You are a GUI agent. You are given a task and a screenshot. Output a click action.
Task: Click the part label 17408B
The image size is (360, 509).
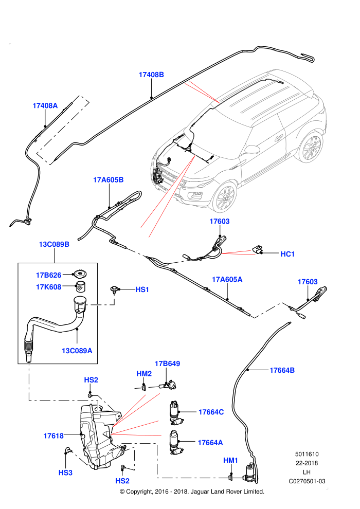(x=151, y=75)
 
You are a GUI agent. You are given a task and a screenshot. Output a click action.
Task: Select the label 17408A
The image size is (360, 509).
(x=45, y=105)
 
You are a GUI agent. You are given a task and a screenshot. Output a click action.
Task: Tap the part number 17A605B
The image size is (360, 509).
(x=109, y=180)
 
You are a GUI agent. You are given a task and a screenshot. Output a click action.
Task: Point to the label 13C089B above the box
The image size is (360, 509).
(x=54, y=244)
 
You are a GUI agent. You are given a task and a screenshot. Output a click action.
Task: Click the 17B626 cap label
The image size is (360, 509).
(x=49, y=275)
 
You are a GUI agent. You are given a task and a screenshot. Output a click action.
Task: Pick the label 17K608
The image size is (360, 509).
(x=49, y=287)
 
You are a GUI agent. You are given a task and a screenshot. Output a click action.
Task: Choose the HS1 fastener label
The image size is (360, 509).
(x=142, y=289)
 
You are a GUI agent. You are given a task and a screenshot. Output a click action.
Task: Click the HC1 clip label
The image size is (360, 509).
(x=287, y=254)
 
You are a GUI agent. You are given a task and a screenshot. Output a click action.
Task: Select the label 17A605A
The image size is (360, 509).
(x=227, y=280)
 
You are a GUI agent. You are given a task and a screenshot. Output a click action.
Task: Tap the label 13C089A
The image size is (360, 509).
(x=77, y=351)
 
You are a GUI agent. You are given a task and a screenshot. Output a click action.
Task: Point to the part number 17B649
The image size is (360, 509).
(x=168, y=363)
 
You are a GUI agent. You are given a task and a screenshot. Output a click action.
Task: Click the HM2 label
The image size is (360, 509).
(x=144, y=374)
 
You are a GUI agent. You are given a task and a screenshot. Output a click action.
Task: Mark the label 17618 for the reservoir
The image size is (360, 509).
(x=53, y=436)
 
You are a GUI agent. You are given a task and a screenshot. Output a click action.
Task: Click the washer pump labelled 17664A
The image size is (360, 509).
(x=176, y=442)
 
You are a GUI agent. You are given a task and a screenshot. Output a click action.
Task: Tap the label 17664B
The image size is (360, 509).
(x=282, y=370)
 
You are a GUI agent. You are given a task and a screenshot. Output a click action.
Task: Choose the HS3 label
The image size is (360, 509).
(x=66, y=472)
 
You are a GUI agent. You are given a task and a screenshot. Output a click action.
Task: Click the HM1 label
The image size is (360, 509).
(x=231, y=460)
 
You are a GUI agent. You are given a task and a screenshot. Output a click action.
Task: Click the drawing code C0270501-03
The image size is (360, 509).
(x=307, y=481)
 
